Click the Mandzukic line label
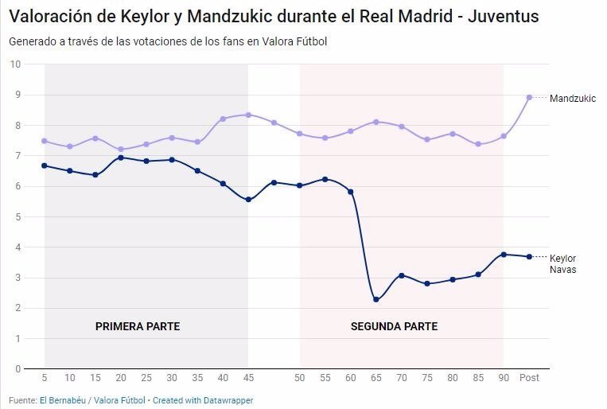coord(572,98)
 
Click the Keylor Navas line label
coord(563,263)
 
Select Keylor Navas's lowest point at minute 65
coord(376,300)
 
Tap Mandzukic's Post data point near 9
coord(529,97)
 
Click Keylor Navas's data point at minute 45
coord(248,200)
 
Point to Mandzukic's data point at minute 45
coord(248,115)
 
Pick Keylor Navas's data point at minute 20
coord(121,158)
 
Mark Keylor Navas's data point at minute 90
coord(504,255)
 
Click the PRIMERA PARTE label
coord(138,326)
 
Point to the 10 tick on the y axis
coord(15,64)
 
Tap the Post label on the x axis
coord(529,378)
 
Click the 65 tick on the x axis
coord(376,378)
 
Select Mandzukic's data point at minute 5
coord(45,141)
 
